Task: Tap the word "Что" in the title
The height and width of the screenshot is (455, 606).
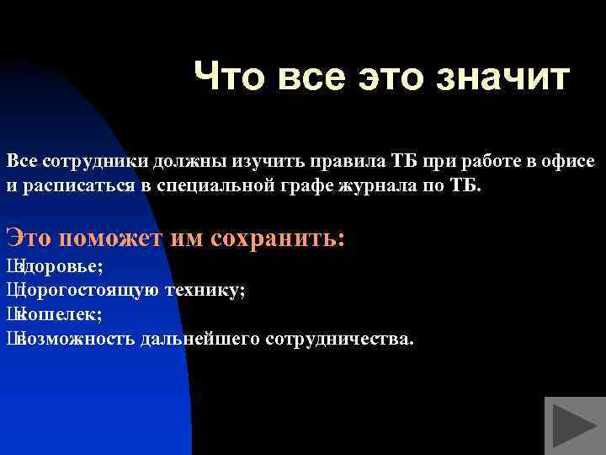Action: coord(226,78)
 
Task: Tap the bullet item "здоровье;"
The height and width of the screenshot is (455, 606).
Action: coord(59,267)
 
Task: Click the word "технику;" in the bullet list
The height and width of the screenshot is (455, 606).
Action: coord(206,291)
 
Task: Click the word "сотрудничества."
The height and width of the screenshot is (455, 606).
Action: coord(338,339)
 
